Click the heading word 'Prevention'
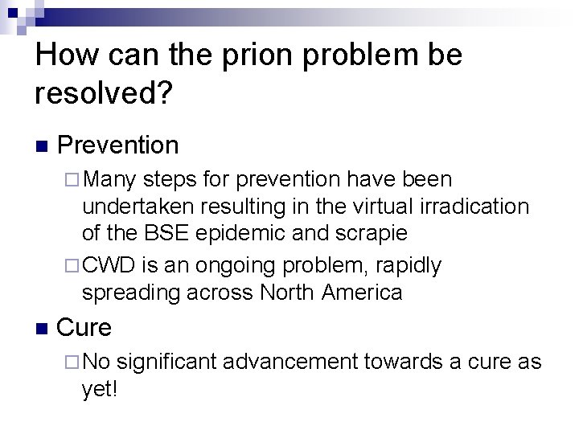pyautogui.click(x=118, y=145)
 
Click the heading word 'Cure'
pyautogui.click(x=85, y=328)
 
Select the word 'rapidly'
pyautogui.click(x=412, y=264)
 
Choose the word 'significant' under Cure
pyautogui.click(x=167, y=362)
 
